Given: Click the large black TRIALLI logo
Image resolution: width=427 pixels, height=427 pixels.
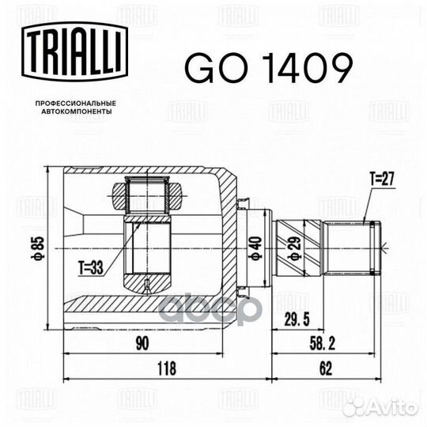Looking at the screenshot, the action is click(75, 51).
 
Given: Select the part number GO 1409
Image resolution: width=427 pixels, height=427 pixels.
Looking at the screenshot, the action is click(269, 68).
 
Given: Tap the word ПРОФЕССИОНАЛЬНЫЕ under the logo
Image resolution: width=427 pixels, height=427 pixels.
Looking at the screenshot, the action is click(76, 104).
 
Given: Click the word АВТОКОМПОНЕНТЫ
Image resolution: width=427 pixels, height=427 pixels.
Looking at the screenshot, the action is click(77, 111).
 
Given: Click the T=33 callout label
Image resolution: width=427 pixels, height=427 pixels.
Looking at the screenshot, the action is click(91, 267).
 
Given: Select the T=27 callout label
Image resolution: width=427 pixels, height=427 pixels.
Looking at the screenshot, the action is click(382, 179).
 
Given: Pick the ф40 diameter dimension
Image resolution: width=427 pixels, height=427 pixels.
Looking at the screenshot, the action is click(256, 248).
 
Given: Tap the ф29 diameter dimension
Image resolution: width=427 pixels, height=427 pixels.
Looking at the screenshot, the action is click(294, 248).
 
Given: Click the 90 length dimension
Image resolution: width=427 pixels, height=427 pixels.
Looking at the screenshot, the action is click(142, 344).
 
